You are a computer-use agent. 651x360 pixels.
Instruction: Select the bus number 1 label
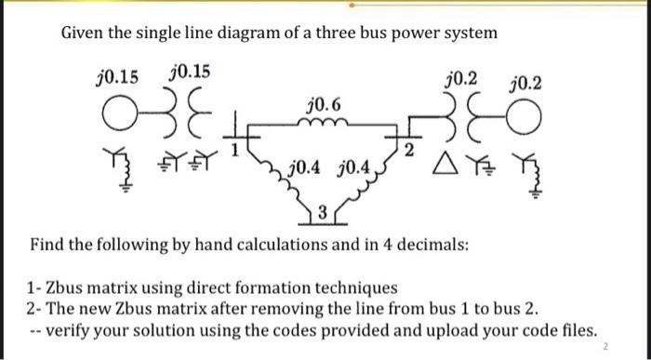tap(236, 146)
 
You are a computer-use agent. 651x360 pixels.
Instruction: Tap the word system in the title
tap(469, 33)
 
